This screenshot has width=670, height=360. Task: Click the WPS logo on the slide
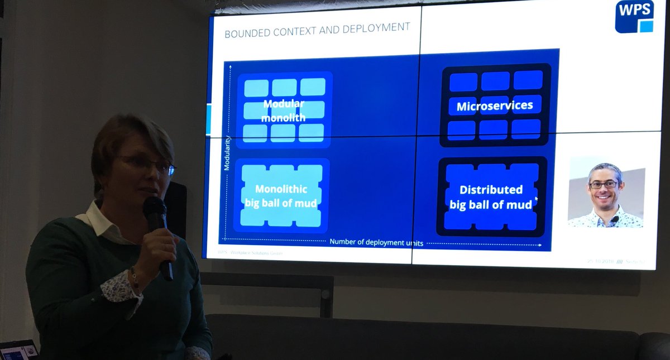(634, 17)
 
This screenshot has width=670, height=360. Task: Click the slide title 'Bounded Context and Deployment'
(317, 29)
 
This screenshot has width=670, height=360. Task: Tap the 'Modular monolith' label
(284, 111)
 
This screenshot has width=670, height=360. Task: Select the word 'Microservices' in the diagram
(495, 106)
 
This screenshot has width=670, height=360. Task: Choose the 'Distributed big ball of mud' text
(491, 197)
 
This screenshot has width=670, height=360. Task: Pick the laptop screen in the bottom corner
(17, 351)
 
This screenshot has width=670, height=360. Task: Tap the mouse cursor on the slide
(536, 198)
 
